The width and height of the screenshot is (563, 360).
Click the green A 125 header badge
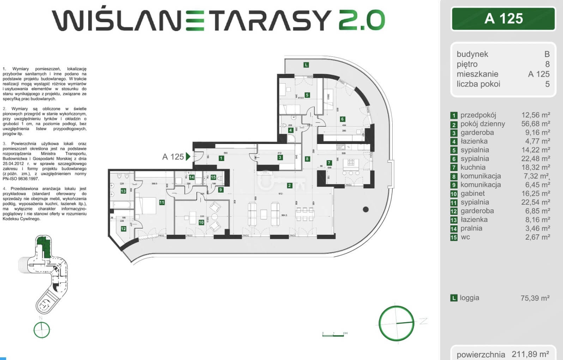click(503, 19)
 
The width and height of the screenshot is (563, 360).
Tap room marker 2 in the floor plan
click(289, 185)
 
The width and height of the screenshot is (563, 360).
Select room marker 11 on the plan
click(162, 203)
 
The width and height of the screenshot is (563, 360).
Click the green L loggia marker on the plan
click(306, 65)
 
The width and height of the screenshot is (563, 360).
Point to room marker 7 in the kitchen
click(329, 163)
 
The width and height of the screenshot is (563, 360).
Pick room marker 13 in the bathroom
click(123, 191)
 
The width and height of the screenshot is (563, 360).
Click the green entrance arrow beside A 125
click(188, 156)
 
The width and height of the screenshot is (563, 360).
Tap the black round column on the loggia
click(366, 209)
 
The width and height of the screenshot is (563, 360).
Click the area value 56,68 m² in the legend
click(535, 124)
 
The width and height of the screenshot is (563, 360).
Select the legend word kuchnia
click(473, 167)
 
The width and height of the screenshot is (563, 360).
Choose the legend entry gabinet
click(473, 193)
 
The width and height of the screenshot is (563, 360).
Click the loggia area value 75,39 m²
click(535, 298)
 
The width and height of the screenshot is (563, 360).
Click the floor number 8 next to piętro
click(547, 64)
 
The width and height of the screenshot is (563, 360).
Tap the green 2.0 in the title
click(362, 20)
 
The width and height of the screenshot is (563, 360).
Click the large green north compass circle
click(396, 323)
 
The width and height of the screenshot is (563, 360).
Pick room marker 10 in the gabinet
click(201, 222)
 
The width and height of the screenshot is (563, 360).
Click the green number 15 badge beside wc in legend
click(454, 238)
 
